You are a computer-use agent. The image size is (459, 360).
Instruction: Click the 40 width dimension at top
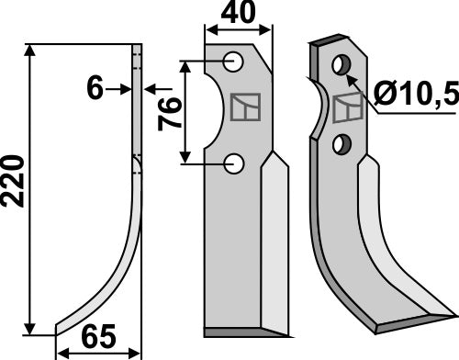click(239, 16)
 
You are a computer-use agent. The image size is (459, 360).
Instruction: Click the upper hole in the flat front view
click(235, 62)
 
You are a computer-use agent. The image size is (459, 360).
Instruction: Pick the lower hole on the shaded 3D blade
click(341, 143)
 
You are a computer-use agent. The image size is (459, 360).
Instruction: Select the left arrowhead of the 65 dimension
click(62, 351)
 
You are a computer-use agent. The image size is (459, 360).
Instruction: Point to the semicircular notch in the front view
click(213, 112)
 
